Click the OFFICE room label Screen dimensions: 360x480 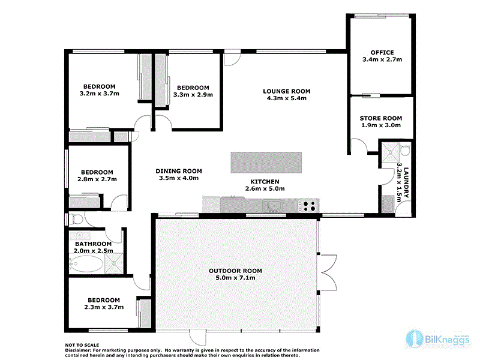(x=382, y=52)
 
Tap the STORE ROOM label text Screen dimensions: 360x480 (x=380, y=118)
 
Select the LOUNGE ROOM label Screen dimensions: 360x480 (x=286, y=91)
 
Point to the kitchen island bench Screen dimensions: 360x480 (x=266, y=162)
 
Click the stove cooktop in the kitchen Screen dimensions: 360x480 (x=309, y=206)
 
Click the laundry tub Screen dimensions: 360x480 (x=387, y=205)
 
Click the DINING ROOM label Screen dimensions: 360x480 (x=178, y=170)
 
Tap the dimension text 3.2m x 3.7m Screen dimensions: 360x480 (x=100, y=94)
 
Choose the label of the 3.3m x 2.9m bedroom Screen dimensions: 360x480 (x=193, y=87)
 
